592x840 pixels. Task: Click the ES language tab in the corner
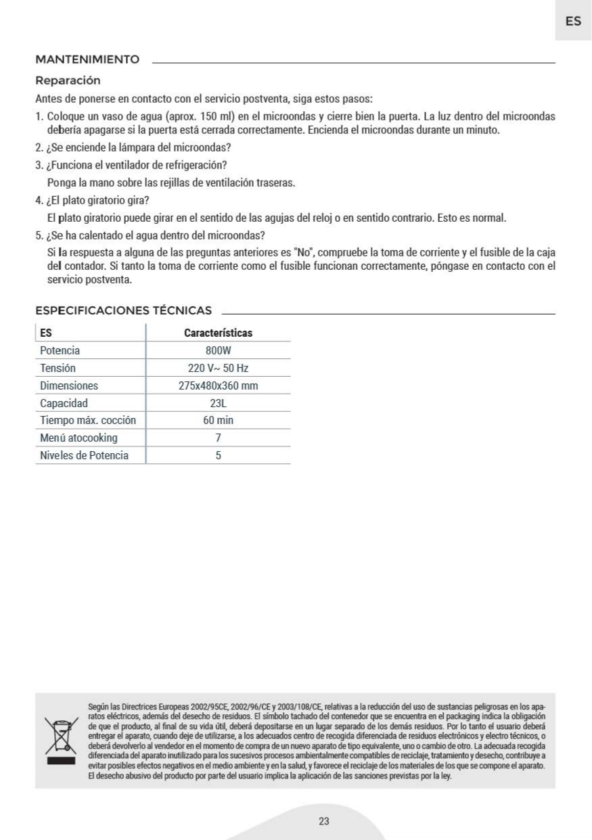(573, 21)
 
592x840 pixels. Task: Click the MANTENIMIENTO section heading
(87, 60)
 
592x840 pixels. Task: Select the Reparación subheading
(68, 80)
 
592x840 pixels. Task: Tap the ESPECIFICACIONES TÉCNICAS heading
(123, 310)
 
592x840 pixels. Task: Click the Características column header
(218, 333)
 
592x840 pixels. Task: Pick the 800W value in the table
(218, 350)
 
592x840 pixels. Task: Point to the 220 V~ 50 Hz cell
(218, 368)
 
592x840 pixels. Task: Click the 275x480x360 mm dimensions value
(218, 386)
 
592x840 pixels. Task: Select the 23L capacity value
(218, 403)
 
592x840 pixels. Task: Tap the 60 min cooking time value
(218, 421)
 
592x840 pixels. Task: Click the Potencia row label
(60, 350)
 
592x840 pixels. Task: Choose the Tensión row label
(58, 368)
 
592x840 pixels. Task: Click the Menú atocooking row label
(78, 438)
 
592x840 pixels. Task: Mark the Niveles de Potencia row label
(84, 456)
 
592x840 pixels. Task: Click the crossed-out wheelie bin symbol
(61, 739)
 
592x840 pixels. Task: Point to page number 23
(323, 821)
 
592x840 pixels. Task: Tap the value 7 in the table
(218, 438)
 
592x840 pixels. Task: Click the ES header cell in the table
(46, 333)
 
